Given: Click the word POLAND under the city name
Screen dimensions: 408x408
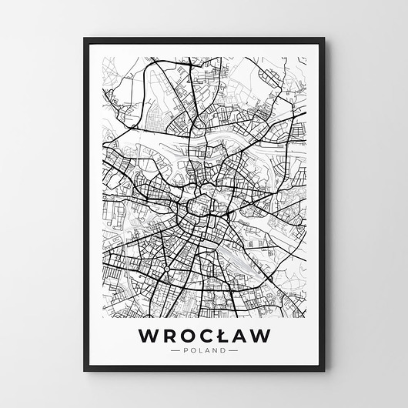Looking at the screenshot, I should pos(204,350).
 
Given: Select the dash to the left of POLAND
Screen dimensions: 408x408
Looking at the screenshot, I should pos(176,350).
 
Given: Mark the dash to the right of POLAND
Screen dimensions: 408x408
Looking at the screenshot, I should pos(232,350).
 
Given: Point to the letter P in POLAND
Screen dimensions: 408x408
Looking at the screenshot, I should pos(186,350).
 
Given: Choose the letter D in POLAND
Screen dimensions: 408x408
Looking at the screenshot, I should pos(222,350).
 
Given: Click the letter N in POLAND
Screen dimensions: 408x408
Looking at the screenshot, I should pos(215,350).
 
